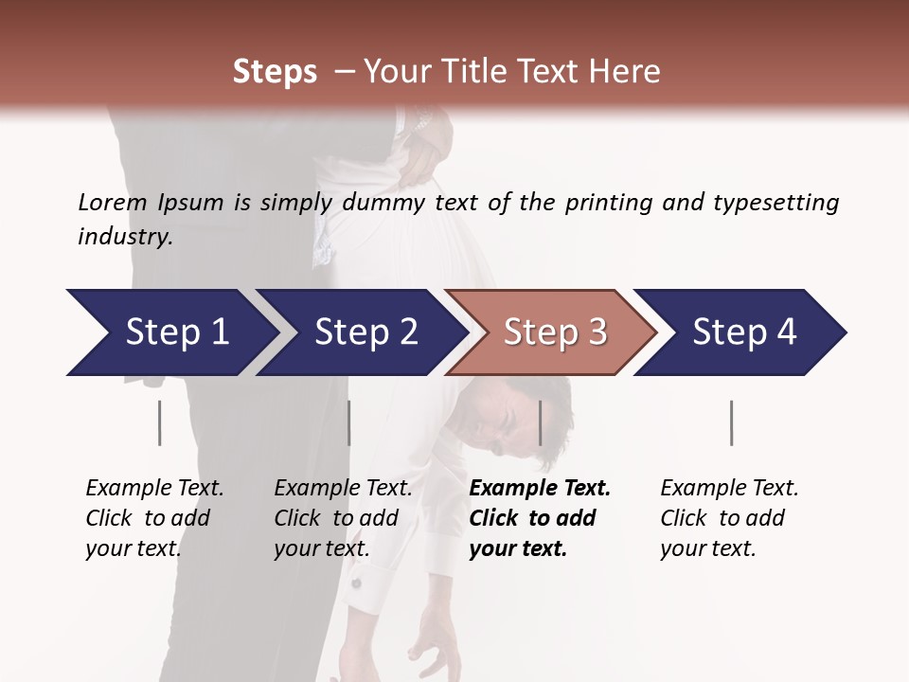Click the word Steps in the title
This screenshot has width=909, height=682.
point(275,72)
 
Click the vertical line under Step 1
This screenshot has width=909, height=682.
point(159,422)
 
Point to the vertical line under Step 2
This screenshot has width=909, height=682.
point(349,422)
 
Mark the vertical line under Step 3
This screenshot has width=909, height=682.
point(541,422)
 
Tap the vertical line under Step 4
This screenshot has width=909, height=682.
point(731,422)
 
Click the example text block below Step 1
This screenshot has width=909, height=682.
point(154,518)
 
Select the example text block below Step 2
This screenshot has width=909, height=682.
point(343,518)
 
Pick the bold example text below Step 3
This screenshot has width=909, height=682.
point(540,518)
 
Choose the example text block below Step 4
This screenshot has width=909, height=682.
point(729,518)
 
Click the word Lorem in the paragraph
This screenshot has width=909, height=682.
point(113,203)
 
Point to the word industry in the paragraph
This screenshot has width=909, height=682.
point(125,237)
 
